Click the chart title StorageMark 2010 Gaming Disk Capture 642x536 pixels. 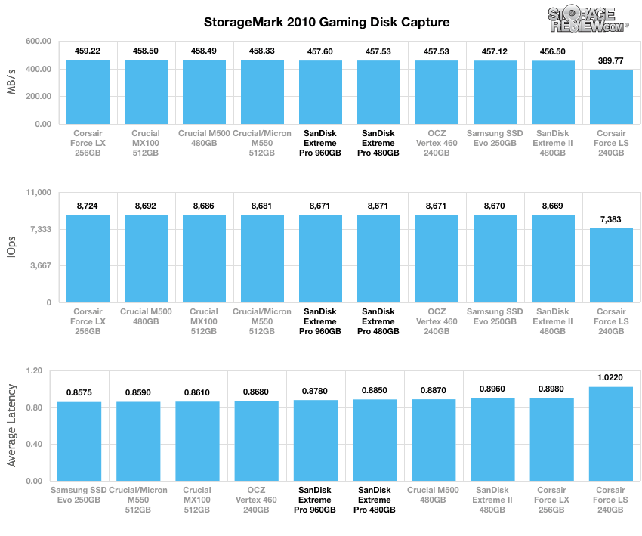tap(327, 22)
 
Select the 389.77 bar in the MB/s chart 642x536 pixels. tap(611, 97)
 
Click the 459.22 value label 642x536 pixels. tap(88, 51)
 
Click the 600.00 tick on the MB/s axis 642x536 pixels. tap(37, 41)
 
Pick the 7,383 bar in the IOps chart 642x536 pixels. tap(611, 265)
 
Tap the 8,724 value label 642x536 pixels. tap(88, 205)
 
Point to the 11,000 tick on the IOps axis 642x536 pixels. tap(36, 193)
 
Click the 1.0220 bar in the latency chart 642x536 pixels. tap(611, 434)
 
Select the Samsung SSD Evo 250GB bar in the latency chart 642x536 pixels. tap(79, 441)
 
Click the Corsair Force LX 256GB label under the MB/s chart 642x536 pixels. tap(88, 142)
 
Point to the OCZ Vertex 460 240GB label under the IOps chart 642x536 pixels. tap(437, 321)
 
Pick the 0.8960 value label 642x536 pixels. tap(493, 389)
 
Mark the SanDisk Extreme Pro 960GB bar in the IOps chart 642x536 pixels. tap(320, 259)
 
